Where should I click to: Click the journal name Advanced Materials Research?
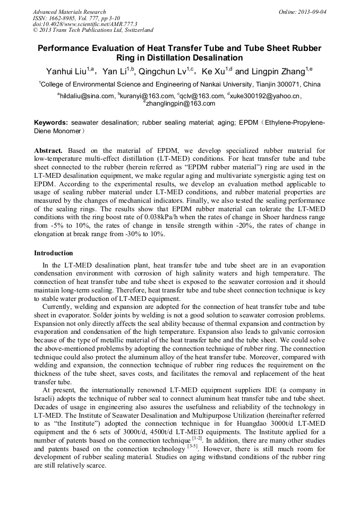[69, 12]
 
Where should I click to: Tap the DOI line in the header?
[84, 24]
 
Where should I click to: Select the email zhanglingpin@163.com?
[181, 103]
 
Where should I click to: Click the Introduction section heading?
[54, 253]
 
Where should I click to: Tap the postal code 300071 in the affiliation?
[287, 84]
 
